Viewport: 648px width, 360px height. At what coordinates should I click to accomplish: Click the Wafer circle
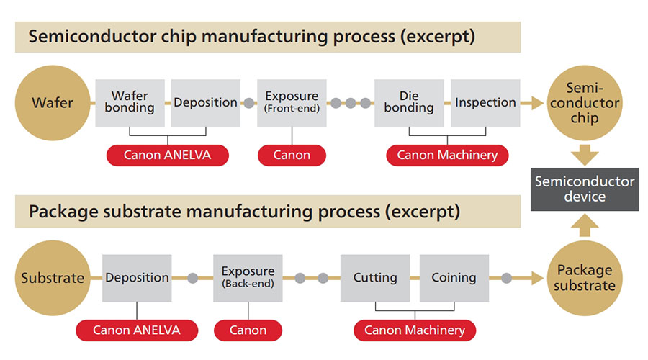tap(53, 103)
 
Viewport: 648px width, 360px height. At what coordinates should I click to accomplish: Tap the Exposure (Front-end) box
tap(292, 103)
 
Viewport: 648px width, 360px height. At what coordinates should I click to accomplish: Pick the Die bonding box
tap(409, 103)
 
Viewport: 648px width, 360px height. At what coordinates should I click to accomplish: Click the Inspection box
tap(485, 103)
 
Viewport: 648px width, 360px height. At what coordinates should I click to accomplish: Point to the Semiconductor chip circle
tap(584, 103)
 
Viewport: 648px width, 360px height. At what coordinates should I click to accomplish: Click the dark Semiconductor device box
tap(585, 189)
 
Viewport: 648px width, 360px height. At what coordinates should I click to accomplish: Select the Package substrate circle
tap(584, 278)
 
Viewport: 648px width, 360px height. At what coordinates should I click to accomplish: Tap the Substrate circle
tap(53, 278)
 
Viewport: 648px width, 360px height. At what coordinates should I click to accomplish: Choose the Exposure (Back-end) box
tap(248, 278)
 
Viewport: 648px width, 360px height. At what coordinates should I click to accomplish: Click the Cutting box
tap(375, 278)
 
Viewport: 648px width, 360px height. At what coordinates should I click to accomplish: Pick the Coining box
tap(454, 278)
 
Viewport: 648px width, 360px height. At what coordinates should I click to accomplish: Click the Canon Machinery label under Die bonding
tap(447, 155)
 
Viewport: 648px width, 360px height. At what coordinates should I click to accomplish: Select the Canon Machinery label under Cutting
tap(414, 330)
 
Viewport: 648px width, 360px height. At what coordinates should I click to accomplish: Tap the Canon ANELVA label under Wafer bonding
tap(167, 155)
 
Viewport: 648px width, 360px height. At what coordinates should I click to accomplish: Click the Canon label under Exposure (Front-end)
tap(292, 155)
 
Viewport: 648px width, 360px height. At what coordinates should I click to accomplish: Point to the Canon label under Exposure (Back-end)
tap(248, 330)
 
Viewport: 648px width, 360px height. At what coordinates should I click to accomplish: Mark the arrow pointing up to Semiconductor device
tap(585, 225)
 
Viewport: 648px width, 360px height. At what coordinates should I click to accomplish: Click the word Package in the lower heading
tap(60, 212)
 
